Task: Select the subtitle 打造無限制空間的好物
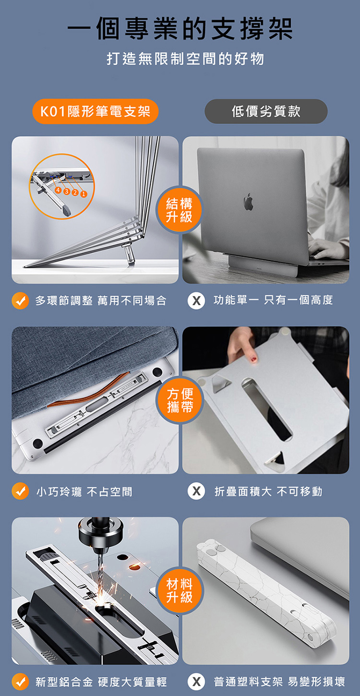pos(185,59)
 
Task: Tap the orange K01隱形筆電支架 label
pos(96,112)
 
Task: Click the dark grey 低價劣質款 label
pos(266,111)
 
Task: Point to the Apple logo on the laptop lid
pos(248,202)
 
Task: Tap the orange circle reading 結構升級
pos(180,210)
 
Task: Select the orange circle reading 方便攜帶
pos(180,401)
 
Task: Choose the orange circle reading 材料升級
pos(180,590)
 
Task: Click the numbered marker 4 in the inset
pos(58,190)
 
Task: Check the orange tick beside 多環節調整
pos(20,301)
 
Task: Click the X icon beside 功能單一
pos(196,301)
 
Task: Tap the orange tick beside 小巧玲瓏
pos(20,492)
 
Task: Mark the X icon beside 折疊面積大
pos(196,492)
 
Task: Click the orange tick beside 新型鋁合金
pos(20,681)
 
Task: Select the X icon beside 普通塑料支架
pos(196,681)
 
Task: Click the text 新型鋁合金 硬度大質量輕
pos(101,682)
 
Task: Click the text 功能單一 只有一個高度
pos(273,300)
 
